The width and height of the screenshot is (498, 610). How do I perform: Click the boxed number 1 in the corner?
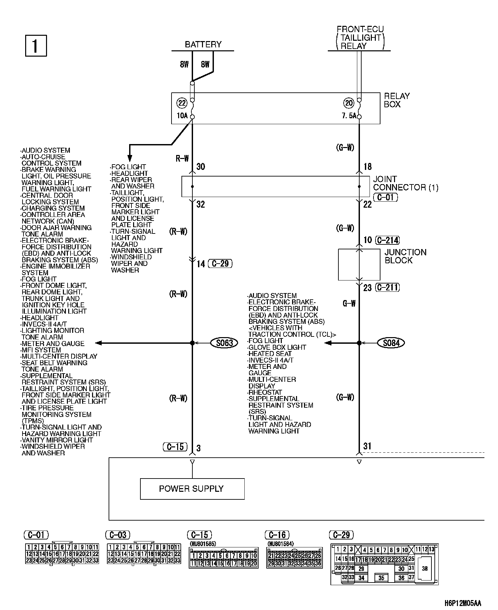[36, 46]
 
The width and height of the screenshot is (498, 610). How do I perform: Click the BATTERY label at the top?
[203, 44]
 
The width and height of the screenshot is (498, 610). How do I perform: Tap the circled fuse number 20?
[349, 103]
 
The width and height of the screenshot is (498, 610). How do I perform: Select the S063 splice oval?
[224, 343]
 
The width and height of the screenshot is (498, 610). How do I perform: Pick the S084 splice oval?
[391, 343]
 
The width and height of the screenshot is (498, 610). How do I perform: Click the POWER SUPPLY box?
[192, 489]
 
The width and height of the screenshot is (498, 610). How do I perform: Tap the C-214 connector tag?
[388, 240]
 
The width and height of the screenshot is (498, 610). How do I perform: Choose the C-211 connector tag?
[388, 287]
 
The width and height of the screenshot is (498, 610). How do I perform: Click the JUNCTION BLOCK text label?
[405, 256]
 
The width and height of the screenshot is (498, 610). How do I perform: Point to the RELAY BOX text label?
[397, 100]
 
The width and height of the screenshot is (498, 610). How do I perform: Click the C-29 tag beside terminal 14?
[220, 264]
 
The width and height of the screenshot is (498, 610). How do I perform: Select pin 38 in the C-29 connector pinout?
[425, 569]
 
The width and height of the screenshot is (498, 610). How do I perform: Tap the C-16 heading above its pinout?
[277, 535]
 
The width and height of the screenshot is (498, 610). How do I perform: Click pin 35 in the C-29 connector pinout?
[381, 578]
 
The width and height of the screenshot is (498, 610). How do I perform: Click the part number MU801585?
[202, 543]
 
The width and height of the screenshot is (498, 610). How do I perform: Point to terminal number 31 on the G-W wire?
[367, 446]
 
